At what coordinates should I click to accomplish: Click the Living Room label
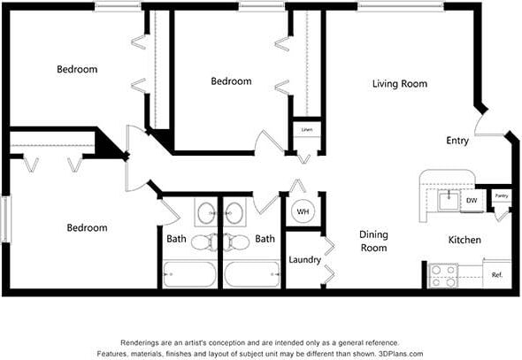(x=399, y=84)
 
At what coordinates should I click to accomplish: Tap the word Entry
(x=457, y=141)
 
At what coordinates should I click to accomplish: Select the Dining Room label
(x=372, y=241)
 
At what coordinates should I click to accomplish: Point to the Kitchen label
(x=464, y=240)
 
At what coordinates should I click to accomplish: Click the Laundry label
(x=303, y=260)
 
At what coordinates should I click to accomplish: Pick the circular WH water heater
(x=303, y=212)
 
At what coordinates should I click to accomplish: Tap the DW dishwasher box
(x=471, y=202)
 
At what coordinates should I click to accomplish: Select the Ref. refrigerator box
(x=497, y=275)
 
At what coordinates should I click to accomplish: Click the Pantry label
(x=501, y=196)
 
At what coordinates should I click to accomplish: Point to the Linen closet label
(x=306, y=130)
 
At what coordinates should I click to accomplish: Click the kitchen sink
(x=449, y=200)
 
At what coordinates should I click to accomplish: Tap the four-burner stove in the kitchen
(x=442, y=275)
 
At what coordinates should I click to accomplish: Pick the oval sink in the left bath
(x=205, y=213)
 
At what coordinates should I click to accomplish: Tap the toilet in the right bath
(x=236, y=241)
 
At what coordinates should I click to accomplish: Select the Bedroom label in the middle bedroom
(x=231, y=81)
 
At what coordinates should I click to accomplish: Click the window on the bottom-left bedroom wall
(x=4, y=218)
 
